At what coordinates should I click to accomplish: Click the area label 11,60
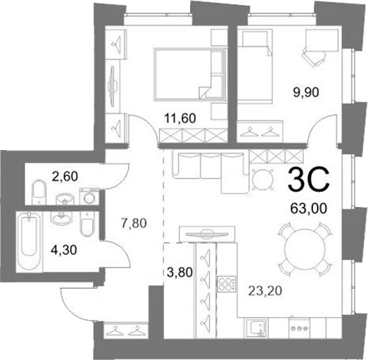[x=180, y=118]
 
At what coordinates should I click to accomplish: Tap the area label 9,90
[x=305, y=92]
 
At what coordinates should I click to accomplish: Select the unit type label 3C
[x=309, y=180]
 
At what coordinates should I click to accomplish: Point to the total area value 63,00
[x=308, y=209]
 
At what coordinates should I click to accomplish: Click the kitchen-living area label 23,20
[x=265, y=292]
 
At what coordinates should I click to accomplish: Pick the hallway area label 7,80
[x=134, y=223]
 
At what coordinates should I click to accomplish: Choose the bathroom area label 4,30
[x=64, y=250]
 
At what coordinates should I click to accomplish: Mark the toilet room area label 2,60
[x=65, y=176]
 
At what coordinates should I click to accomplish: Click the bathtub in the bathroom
[x=30, y=242]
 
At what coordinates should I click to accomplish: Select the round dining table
[x=305, y=250]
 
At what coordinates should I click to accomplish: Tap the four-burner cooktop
[x=227, y=284]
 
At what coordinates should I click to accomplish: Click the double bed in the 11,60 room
[x=190, y=75]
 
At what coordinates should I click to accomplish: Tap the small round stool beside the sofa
[x=262, y=180]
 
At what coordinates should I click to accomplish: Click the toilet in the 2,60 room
[x=39, y=192]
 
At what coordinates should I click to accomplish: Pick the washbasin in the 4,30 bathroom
[x=62, y=217]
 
